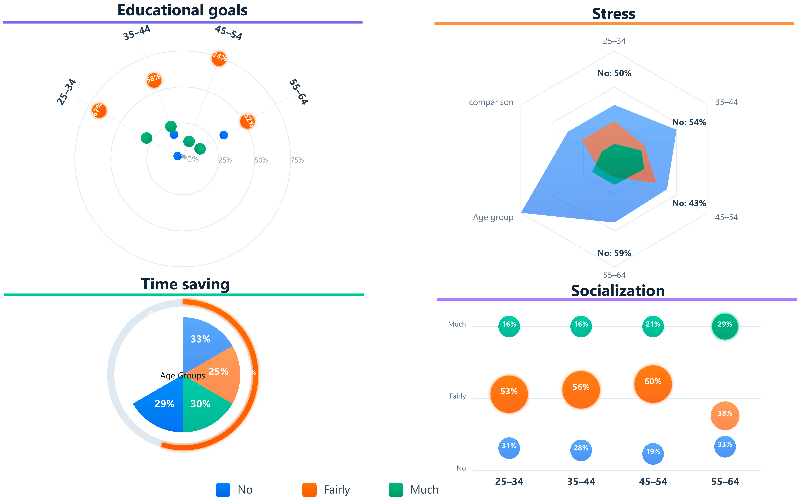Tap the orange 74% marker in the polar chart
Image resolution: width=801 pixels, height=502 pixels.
pyautogui.click(x=219, y=58)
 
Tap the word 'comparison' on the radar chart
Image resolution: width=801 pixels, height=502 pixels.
pyautogui.click(x=491, y=102)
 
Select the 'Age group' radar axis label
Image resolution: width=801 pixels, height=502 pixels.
pyautogui.click(x=493, y=217)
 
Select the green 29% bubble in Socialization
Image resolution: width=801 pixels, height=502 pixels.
pyautogui.click(x=725, y=326)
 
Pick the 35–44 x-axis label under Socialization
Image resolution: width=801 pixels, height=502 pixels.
pyautogui.click(x=581, y=481)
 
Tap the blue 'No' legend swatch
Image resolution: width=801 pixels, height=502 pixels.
pyautogui.click(x=223, y=490)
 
